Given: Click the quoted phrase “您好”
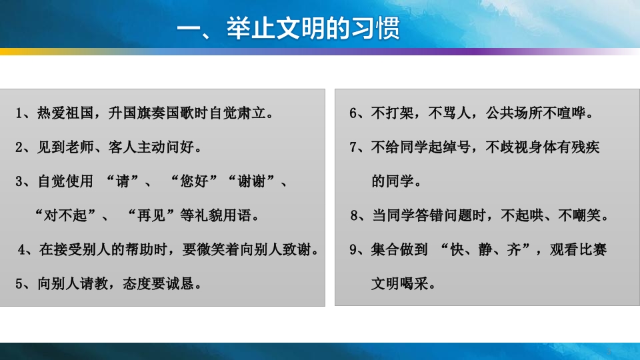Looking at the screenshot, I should tap(196, 181).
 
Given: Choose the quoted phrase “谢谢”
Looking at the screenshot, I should tap(255, 181).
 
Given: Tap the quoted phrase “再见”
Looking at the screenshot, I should tap(154, 215).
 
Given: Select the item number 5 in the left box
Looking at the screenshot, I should tap(19, 283).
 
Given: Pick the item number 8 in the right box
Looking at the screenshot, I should tap(354, 215).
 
